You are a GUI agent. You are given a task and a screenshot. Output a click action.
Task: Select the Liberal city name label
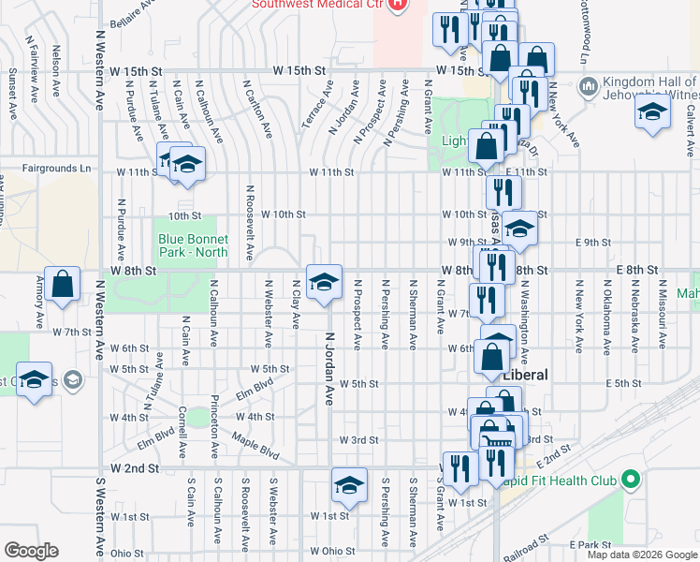coord(525,374)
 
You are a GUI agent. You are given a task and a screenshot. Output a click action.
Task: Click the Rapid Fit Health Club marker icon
coord(630,481)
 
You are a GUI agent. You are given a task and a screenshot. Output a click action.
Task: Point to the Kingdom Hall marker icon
coord(590,88)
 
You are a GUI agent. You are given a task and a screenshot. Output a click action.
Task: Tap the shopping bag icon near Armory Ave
coord(62,286)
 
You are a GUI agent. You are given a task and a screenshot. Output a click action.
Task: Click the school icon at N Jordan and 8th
coord(324,282)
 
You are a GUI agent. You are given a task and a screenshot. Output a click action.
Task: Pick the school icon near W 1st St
coord(349,484)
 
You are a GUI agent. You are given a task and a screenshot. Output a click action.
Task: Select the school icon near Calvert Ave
coord(652,114)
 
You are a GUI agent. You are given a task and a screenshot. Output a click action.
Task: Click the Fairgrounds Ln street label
coord(60,170)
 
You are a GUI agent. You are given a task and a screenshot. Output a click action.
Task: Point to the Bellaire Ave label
coord(131,12)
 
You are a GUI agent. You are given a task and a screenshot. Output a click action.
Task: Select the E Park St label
coord(589,544)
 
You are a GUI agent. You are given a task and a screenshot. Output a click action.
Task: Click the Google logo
coord(31,551)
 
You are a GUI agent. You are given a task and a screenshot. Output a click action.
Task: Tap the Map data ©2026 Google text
coord(640,555)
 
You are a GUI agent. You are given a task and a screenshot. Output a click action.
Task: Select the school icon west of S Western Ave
coord(35,378)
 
